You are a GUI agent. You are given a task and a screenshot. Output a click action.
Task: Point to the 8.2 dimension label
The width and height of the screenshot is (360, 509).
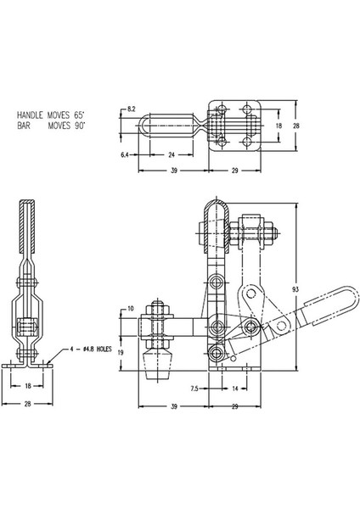(x=132, y=109)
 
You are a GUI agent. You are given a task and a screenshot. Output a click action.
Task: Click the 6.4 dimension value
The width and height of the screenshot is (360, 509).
(x=127, y=155)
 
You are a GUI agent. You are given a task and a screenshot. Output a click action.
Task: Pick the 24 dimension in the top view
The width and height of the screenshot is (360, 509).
(x=172, y=155)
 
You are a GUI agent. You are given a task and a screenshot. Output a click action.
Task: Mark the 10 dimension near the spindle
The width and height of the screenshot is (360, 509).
(x=131, y=308)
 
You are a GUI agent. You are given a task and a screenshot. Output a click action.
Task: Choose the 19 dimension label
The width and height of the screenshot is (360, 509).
(x=121, y=350)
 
